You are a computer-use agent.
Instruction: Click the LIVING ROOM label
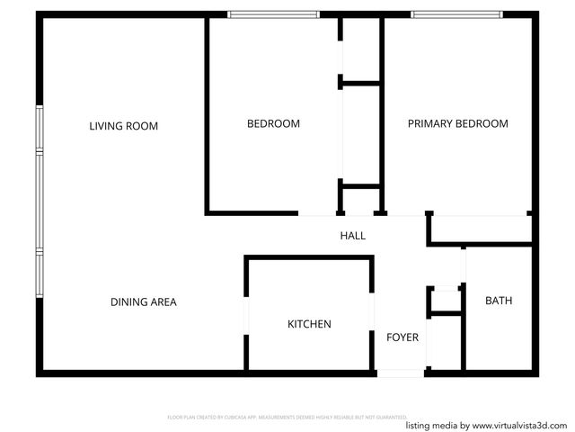(123, 126)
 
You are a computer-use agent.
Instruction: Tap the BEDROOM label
(273, 123)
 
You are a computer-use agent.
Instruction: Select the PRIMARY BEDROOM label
(457, 123)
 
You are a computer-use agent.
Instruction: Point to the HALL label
(352, 236)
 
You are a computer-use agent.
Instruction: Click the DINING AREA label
(143, 302)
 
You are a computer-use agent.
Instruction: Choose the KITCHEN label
(309, 324)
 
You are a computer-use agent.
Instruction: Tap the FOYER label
(402, 337)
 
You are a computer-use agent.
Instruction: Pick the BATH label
(499, 301)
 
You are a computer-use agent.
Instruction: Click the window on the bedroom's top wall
(273, 14)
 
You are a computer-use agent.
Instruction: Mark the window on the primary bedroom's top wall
(457, 14)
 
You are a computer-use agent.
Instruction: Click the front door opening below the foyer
(399, 373)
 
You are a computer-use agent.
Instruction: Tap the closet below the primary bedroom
(478, 229)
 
